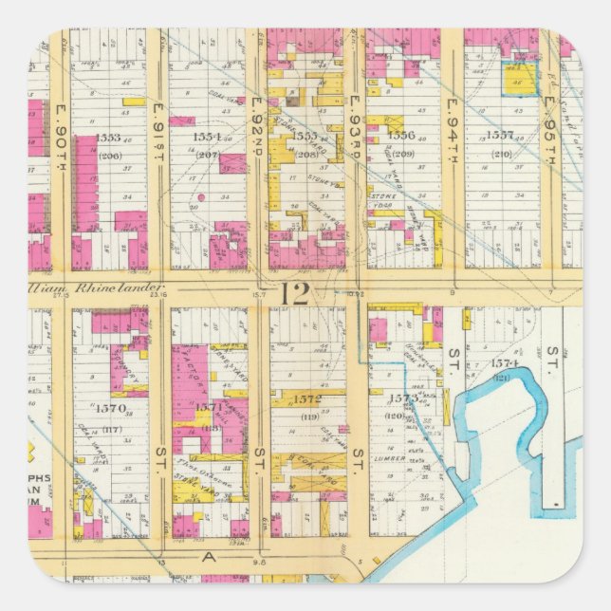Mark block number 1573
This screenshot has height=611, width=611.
tap(403, 399)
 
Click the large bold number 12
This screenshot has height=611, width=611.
tap(295, 293)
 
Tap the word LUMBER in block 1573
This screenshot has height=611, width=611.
tap(392, 457)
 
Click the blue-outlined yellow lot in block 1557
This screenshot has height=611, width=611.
tap(518, 78)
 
